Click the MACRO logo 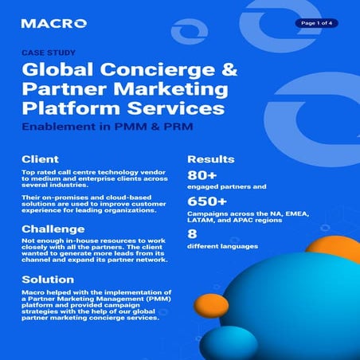tap(49, 23)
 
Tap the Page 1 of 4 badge tap(316, 23)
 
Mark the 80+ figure tap(203, 176)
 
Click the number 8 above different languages tap(192, 233)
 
